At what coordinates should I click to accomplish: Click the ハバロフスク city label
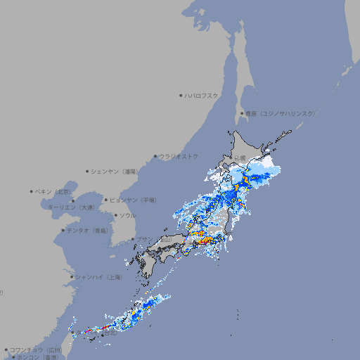click(x=202, y=95)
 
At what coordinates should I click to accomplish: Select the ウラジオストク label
click(x=179, y=156)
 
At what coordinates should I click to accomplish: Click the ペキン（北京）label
click(x=54, y=191)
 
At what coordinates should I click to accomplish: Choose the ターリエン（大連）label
click(x=71, y=207)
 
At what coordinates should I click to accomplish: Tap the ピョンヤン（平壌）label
click(x=134, y=200)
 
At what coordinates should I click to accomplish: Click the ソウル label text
click(x=127, y=216)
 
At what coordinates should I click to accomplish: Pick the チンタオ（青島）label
click(x=88, y=231)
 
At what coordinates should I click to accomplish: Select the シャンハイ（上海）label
click(x=98, y=277)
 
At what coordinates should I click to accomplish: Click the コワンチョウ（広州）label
click(x=36, y=349)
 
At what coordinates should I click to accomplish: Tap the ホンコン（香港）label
click(x=36, y=357)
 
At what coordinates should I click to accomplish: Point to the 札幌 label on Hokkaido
click(x=240, y=157)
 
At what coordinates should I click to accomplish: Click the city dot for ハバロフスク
click(x=181, y=95)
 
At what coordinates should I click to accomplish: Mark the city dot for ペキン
click(x=32, y=191)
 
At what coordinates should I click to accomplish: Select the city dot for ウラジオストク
click(x=155, y=156)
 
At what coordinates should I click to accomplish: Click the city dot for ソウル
click(x=115, y=216)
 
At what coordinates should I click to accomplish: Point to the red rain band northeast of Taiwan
click(x=98, y=328)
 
